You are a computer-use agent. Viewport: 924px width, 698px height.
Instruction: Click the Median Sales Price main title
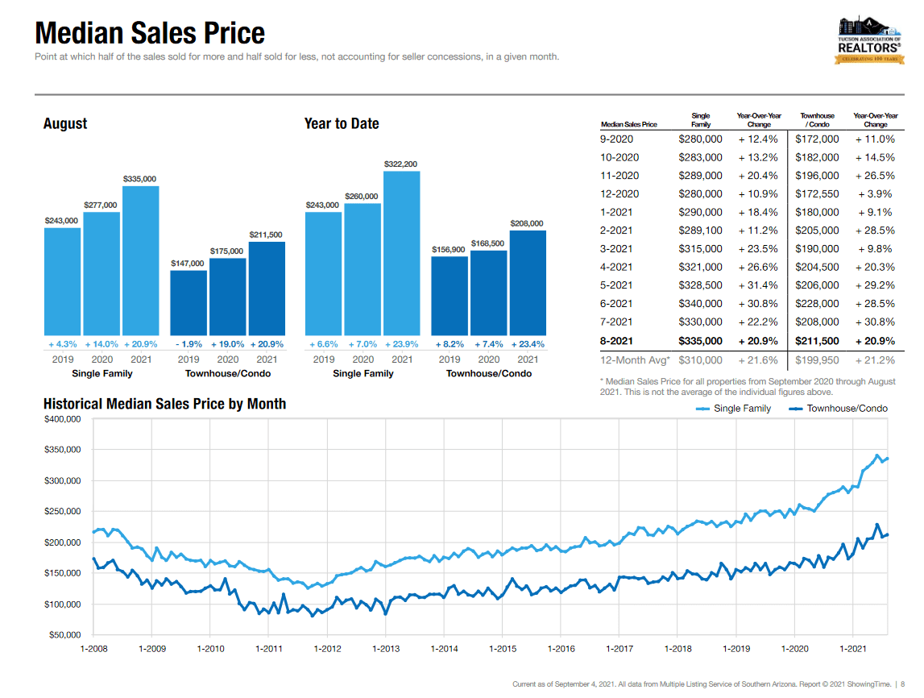[x=150, y=33]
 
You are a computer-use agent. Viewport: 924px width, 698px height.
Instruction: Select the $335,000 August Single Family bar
[x=141, y=260]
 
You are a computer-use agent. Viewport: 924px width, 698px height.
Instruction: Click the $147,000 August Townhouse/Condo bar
[x=189, y=302]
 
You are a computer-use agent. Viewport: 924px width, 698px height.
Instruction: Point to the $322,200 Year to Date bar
[x=401, y=253]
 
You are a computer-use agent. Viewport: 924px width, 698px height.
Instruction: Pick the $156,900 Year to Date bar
[x=450, y=295]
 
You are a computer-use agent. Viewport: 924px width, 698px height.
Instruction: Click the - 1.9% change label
[x=189, y=344]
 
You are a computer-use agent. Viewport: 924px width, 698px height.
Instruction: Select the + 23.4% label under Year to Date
[x=528, y=344]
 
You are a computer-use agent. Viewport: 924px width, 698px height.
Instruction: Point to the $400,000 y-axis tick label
[x=62, y=419]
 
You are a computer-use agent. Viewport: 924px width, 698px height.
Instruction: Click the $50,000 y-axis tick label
[x=64, y=635]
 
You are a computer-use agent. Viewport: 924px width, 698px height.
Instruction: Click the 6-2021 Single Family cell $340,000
[x=700, y=304]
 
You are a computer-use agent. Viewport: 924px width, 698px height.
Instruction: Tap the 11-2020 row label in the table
[x=619, y=176]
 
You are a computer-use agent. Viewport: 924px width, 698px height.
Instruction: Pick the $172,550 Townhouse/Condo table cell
[x=817, y=194]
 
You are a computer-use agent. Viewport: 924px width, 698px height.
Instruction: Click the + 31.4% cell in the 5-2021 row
[x=758, y=285]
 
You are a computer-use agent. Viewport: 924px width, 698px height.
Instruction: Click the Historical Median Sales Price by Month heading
[x=164, y=404]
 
